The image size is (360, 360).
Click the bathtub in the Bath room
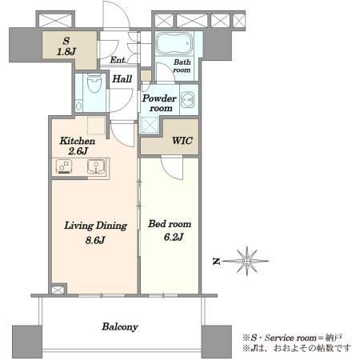pos(174,43)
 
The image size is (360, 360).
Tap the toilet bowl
pos(94,83)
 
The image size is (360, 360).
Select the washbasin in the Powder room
pos(188,100)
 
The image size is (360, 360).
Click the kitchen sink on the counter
pos(96,166)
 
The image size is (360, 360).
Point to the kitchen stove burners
pos(64,166)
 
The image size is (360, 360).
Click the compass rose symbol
pos(247,261)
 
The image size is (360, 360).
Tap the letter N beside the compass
pos(216,262)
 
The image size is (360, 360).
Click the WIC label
pos(182,141)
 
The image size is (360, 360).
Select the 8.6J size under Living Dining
pos(95,241)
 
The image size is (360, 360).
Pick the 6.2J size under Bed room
pos(174,237)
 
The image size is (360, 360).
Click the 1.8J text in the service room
pos(66,51)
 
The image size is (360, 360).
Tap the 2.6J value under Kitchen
pos(78,151)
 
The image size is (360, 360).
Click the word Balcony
pos(120,327)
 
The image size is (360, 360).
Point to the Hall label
pos(122,79)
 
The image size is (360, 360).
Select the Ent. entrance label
pos(118,60)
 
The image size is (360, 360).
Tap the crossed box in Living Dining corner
pos(58,290)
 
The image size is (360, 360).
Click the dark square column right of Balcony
pos(216,342)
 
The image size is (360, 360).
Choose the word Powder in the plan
pos(159,98)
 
